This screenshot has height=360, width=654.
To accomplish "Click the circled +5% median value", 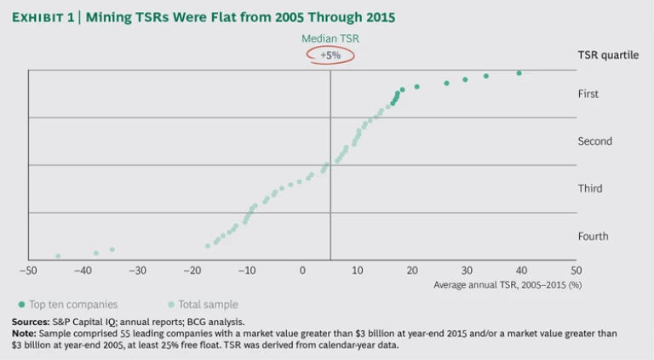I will point(330,54).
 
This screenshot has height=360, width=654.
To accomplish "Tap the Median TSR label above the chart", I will point(330,38).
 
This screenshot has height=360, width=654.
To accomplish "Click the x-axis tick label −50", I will point(29,270).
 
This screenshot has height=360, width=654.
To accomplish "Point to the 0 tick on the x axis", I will point(302,270).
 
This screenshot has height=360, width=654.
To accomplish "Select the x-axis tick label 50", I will point(576,270).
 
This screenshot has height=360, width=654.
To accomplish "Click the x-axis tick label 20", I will point(412,270).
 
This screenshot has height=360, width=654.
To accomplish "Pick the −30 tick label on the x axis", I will point(138,270).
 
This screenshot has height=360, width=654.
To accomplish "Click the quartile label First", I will point(588,94).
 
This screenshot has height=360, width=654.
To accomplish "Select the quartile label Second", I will point(594,141).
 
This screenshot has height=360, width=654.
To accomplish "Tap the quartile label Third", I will point(589,189).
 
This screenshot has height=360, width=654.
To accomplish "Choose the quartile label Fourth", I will point(593,236).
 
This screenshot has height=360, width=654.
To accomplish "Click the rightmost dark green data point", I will point(519,73).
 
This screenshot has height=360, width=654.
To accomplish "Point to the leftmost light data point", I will point(58,255).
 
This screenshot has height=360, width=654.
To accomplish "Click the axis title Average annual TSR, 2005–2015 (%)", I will point(508,284).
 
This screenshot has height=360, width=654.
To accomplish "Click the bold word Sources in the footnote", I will point(32,322).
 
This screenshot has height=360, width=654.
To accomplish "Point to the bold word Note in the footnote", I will point(25,333).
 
